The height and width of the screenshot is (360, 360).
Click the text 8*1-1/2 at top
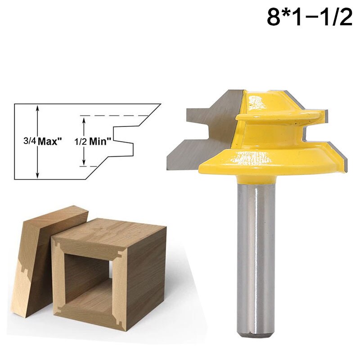(x=310, y=18)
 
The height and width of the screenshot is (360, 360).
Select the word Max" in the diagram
(x=49, y=141)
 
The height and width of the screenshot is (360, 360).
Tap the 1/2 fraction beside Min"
(x=79, y=141)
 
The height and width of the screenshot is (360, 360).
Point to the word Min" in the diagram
(x=100, y=141)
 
